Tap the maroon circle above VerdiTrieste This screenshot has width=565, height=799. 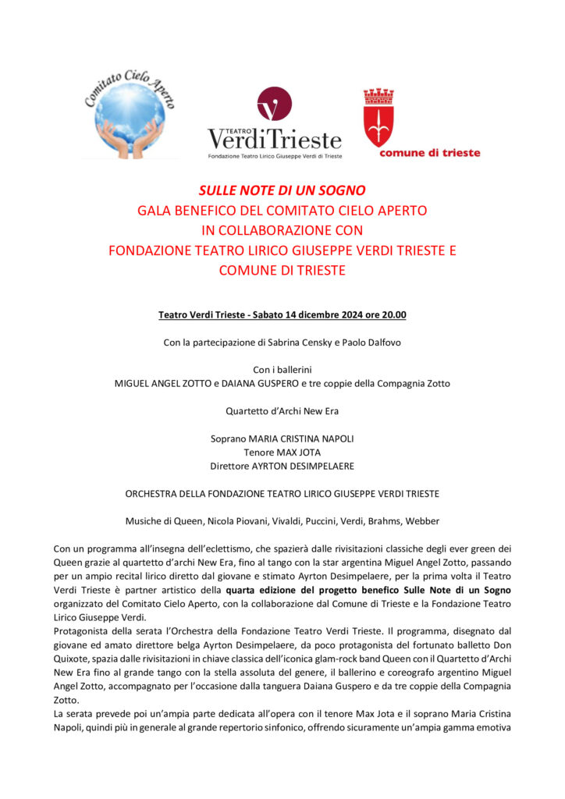[274, 104]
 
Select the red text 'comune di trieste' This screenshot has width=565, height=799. [430, 153]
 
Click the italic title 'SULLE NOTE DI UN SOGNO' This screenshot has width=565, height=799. [282, 190]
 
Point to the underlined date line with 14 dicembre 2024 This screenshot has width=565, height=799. [282, 315]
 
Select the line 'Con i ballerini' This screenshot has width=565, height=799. [282, 370]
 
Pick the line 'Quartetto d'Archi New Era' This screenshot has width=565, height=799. [282, 411]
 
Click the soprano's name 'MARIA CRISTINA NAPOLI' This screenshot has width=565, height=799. [301, 439]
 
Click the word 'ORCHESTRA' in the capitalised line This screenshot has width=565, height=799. [155, 493]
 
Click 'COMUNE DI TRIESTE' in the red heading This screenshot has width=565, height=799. [282, 271]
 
